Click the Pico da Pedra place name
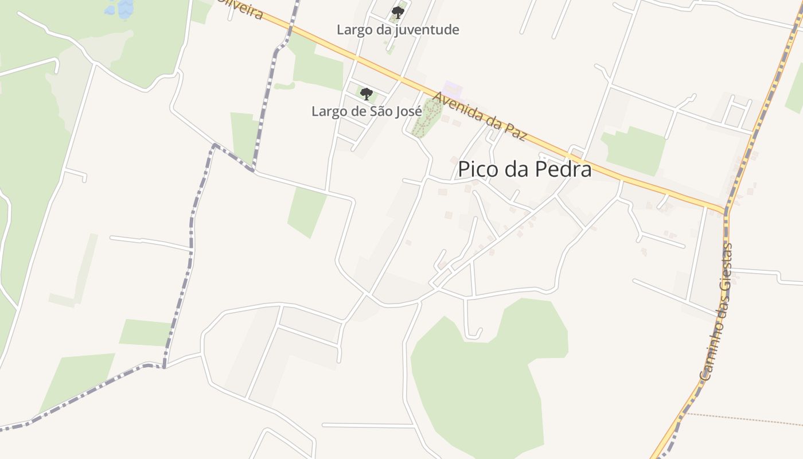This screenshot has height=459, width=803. [524, 169]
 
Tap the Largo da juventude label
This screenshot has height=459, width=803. [397, 29]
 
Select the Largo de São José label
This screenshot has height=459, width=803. [367, 111]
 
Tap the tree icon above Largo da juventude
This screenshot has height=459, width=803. [397, 12]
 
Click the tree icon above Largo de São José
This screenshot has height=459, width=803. [366, 93]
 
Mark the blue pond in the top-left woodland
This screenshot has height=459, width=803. [119, 7]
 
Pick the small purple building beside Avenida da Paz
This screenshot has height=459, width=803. [453, 90]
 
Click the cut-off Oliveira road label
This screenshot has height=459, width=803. [241, 8]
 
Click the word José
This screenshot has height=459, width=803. [407, 111]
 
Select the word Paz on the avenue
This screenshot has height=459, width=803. [514, 131]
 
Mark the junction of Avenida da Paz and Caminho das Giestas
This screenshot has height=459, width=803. [726, 211]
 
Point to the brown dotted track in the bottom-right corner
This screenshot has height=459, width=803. [746, 419]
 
